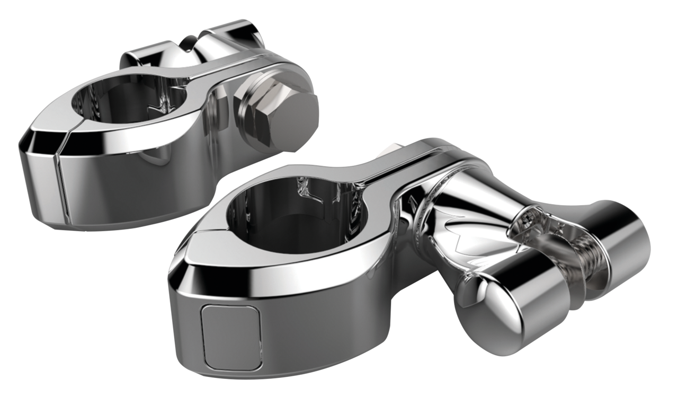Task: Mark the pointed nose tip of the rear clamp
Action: (x=22, y=144)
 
